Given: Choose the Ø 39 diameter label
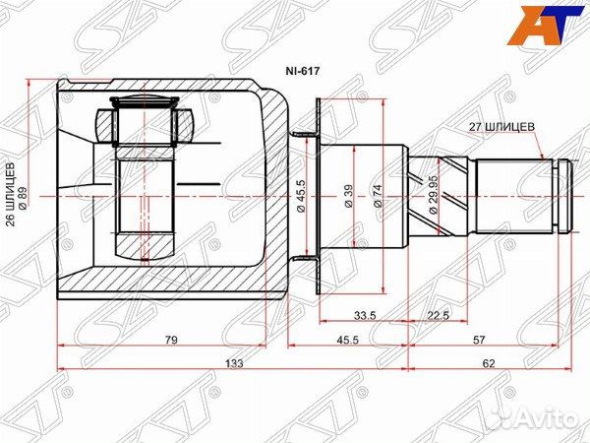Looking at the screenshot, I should pyautogui.click(x=347, y=196).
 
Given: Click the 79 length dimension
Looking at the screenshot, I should pyautogui.click(x=170, y=340).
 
